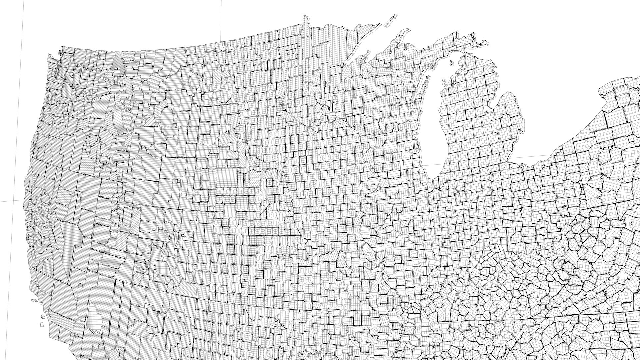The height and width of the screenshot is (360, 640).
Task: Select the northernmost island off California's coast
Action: (34, 300)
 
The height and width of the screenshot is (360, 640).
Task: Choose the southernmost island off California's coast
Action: (41, 324)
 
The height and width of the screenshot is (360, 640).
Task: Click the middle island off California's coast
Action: (43, 316)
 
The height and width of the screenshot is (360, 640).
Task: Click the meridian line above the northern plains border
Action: (221, 20)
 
